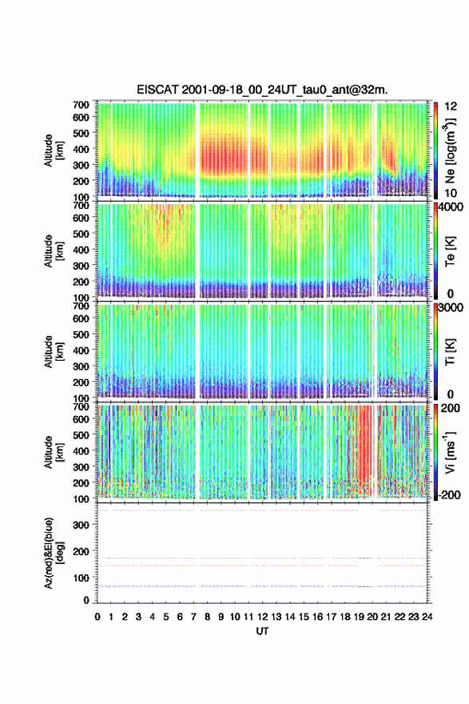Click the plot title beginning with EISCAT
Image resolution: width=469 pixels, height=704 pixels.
(x=262, y=90)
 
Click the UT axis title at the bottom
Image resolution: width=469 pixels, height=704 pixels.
(x=262, y=631)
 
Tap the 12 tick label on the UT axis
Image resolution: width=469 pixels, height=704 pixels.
(x=262, y=617)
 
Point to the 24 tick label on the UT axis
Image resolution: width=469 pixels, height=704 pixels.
(x=427, y=617)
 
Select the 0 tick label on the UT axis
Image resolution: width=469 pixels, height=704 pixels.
(x=97, y=617)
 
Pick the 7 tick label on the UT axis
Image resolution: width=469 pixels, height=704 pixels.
(x=193, y=617)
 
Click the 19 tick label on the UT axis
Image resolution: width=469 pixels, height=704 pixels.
(x=358, y=617)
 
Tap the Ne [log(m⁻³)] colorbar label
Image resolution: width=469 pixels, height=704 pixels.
(x=450, y=150)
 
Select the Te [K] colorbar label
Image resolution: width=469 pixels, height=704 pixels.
(x=450, y=251)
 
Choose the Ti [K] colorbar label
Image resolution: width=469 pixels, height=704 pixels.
(x=450, y=351)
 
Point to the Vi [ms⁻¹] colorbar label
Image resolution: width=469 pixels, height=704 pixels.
(x=450, y=452)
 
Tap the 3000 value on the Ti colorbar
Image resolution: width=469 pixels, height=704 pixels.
(x=449, y=307)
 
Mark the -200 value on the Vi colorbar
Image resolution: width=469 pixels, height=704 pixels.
(x=449, y=494)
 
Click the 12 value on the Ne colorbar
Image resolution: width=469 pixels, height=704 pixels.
(x=451, y=106)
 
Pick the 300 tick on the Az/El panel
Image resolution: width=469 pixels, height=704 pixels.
(x=81, y=525)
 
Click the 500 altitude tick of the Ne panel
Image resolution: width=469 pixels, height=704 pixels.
(x=81, y=133)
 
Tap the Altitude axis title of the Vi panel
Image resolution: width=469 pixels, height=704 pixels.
(x=52, y=452)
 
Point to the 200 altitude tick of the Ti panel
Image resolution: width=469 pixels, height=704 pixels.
(x=81, y=382)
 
